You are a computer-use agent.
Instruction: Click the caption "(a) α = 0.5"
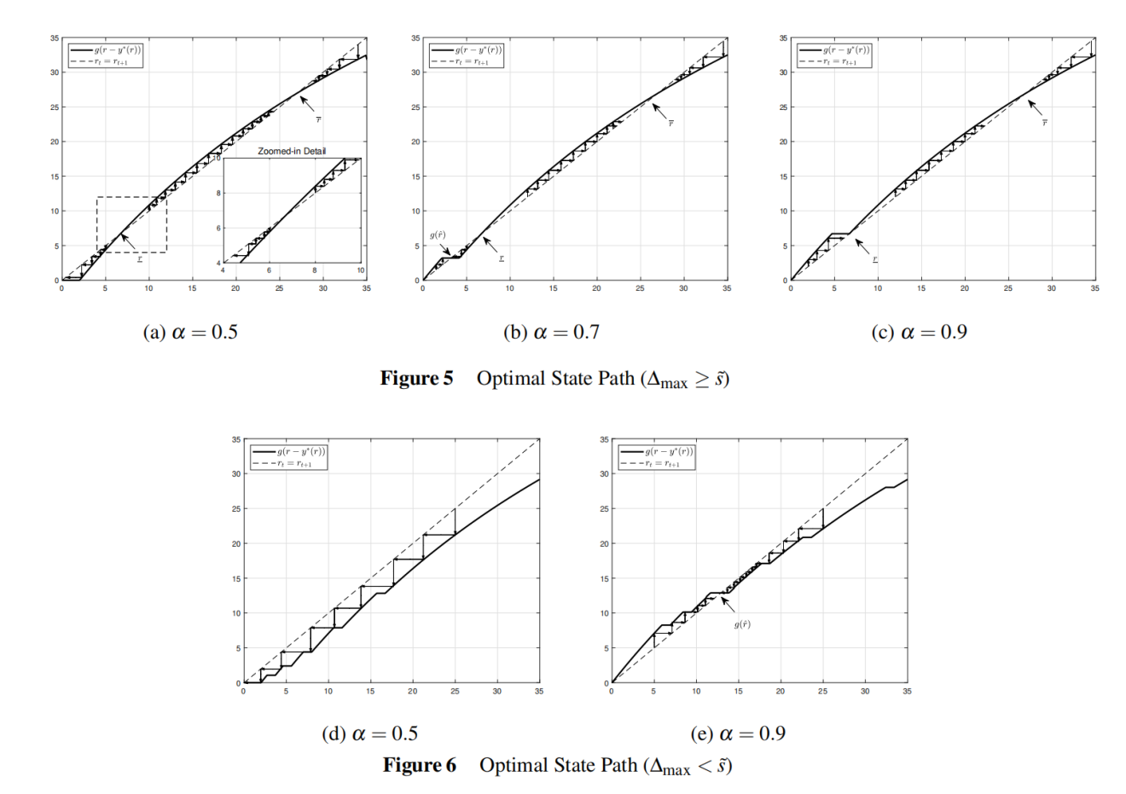click(x=189, y=332)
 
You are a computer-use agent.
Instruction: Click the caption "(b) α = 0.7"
click(x=551, y=332)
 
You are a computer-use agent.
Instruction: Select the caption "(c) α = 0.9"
click(x=919, y=332)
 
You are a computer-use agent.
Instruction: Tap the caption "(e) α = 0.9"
click(x=738, y=733)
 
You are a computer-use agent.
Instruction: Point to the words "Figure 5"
click(x=416, y=379)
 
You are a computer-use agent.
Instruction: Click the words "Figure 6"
click(x=419, y=765)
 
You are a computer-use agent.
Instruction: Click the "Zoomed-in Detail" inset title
click(x=292, y=152)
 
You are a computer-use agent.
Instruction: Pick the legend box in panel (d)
click(x=288, y=457)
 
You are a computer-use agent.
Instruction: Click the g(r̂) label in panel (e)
click(x=742, y=625)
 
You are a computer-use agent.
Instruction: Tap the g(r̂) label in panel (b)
click(x=438, y=235)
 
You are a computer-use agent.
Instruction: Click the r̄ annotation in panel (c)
click(x=1044, y=123)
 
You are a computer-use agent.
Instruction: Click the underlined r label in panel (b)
click(x=502, y=258)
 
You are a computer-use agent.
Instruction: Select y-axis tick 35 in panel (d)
click(x=236, y=439)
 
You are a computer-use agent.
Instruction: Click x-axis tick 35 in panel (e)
click(x=907, y=692)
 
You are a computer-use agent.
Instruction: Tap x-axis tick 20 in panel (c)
click(x=965, y=289)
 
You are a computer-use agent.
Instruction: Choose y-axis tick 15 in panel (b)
click(x=415, y=177)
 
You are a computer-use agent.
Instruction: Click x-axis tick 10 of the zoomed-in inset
click(x=360, y=270)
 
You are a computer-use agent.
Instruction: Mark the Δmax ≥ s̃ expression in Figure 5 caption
click(x=687, y=380)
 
